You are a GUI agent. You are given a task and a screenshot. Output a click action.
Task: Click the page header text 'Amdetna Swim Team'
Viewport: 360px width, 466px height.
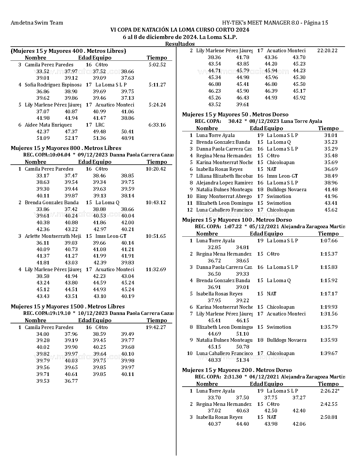coord(37,23)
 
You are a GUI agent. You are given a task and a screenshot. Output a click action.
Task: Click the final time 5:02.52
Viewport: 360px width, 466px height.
coord(157,65)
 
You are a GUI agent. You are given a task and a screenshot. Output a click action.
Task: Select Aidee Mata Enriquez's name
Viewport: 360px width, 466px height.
coord(48,125)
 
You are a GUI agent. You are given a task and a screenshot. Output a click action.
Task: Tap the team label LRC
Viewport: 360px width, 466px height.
coord(100,125)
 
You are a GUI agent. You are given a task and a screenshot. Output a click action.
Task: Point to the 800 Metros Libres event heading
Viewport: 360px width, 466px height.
coord(66,148)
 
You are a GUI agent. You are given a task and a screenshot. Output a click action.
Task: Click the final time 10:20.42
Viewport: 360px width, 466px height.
coord(156,169)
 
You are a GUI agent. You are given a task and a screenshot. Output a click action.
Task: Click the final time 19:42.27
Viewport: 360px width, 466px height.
coord(156,327)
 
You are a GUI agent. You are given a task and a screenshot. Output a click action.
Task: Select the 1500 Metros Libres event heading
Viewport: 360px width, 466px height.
coord(68,307)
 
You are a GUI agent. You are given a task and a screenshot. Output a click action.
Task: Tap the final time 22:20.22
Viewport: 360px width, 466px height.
coord(327,51)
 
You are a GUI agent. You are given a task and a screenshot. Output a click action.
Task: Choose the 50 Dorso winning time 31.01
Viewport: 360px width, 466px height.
coord(331,136)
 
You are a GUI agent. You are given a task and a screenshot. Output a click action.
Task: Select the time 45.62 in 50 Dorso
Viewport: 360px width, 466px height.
coord(331,210)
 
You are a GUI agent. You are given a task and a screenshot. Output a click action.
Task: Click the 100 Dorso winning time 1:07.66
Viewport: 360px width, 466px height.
coord(329,241)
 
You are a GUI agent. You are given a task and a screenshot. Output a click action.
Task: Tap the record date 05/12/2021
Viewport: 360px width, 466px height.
coord(264,227)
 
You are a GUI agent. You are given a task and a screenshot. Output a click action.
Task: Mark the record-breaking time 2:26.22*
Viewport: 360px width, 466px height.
coord(330,391)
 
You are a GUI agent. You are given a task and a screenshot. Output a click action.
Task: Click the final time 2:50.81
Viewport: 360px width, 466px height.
coord(329,417)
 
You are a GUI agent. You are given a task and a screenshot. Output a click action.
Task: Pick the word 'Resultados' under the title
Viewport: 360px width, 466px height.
coord(180,44)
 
